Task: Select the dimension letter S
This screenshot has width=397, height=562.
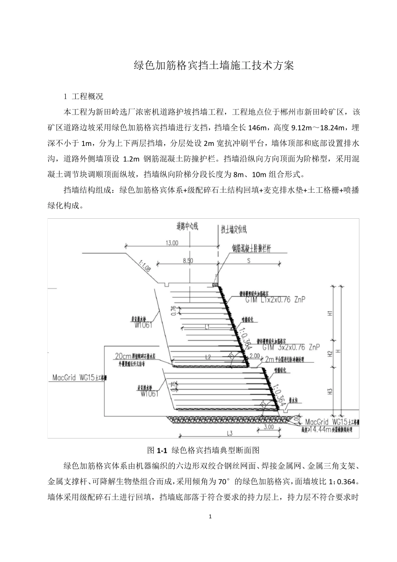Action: point(249,260)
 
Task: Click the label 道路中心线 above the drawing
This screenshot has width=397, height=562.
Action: point(187,227)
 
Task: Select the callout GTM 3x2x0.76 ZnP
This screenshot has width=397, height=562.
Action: point(291,347)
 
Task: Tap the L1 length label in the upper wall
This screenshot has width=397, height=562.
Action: point(207,327)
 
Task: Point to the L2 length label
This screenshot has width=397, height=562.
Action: point(208,357)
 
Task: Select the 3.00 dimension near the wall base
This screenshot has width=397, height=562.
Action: point(268,427)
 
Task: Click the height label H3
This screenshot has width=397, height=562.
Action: point(330,392)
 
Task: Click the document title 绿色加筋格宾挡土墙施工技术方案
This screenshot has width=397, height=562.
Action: point(214,66)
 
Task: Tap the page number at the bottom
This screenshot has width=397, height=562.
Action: point(210,516)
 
